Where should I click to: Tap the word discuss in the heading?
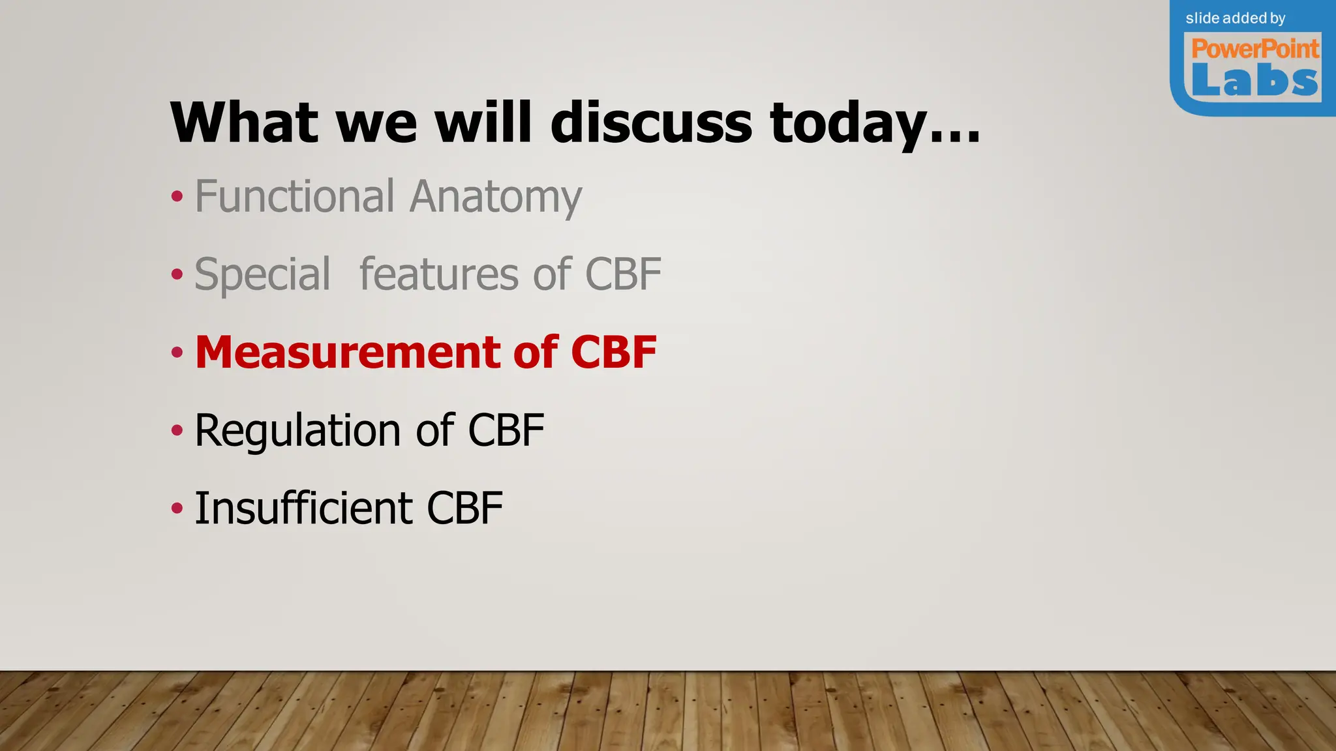(651, 123)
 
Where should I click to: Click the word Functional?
(295, 196)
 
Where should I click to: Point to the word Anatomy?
(496, 198)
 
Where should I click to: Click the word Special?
(262, 274)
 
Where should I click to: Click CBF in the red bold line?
(613, 353)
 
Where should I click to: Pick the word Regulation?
(297, 431)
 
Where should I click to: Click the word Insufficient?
(303, 508)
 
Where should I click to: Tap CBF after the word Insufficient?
(464, 508)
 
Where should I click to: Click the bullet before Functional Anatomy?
(177, 196)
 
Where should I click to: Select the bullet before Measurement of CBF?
(177, 353)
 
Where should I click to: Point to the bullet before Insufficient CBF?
(177, 508)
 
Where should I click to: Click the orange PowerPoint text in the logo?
(1254, 49)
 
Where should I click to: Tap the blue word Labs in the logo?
(1254, 81)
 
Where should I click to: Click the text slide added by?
(1235, 18)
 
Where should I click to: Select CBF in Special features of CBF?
(623, 274)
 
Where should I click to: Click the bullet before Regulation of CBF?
(177, 431)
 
